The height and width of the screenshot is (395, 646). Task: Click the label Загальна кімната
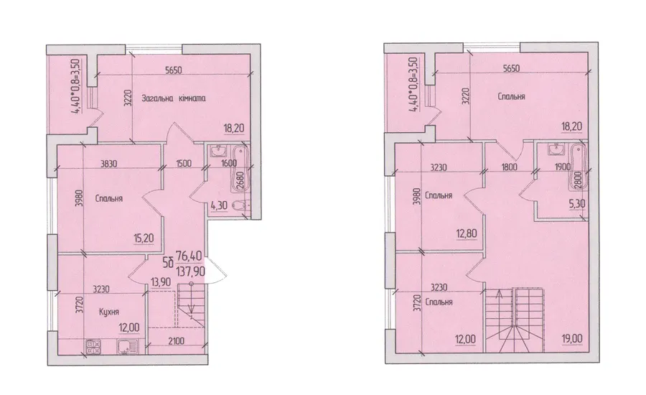click(174, 98)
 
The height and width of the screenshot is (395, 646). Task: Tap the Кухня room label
click(109, 311)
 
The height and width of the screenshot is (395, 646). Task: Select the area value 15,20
click(144, 238)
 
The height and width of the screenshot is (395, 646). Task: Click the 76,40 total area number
click(189, 256)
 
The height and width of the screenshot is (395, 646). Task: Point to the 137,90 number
click(190, 271)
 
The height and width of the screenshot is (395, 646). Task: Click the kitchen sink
click(125, 346)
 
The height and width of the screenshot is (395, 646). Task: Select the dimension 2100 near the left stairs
click(177, 340)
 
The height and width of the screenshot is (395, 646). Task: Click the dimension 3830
click(109, 164)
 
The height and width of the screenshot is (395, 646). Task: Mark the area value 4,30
click(219, 205)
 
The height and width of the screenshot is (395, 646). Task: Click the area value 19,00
click(571, 339)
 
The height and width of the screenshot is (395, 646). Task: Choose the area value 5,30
click(577, 203)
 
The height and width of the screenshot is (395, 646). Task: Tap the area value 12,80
click(467, 234)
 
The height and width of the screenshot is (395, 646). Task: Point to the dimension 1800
click(509, 167)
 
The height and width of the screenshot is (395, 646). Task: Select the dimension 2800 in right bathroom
click(578, 180)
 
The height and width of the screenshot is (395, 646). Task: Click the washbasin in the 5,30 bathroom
click(556, 149)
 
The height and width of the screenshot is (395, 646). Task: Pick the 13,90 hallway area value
click(158, 282)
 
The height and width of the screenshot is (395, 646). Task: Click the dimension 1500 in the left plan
click(183, 163)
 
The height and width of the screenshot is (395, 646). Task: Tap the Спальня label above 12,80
click(439, 195)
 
